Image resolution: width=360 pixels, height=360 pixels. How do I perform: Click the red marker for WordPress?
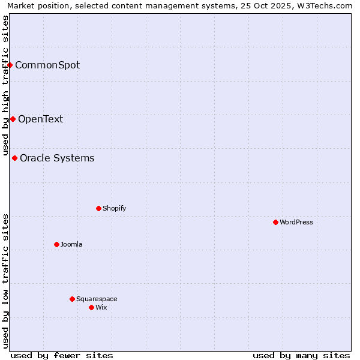click(275, 222)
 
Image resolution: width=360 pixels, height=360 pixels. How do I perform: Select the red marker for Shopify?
click(98, 208)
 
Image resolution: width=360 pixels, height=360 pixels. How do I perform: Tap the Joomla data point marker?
click(56, 244)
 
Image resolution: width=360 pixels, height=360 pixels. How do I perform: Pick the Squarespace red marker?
click(72, 299)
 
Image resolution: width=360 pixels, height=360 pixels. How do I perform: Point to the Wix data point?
click(91, 307)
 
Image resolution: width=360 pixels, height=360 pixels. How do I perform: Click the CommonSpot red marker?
click(10, 65)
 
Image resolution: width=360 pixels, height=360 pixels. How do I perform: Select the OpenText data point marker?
click(13, 119)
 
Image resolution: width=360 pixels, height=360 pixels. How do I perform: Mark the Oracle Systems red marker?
click(15, 158)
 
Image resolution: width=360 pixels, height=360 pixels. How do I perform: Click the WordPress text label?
click(296, 222)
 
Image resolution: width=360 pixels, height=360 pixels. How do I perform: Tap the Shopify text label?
click(114, 208)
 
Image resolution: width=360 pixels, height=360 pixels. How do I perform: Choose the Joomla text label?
click(71, 244)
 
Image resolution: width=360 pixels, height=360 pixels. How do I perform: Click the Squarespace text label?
click(97, 299)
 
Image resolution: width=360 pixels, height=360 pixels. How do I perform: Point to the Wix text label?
click(101, 307)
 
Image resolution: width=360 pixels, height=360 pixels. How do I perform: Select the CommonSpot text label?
click(47, 65)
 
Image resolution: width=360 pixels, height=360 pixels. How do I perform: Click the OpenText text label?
click(40, 119)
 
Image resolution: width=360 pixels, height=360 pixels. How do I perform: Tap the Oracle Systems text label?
click(57, 158)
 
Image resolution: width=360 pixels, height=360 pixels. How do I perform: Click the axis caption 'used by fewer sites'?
click(62, 355)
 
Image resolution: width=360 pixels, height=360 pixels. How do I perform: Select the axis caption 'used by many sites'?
click(301, 355)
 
